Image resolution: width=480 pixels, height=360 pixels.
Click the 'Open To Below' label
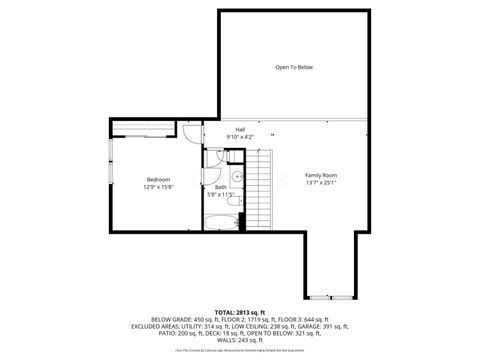click(294, 67)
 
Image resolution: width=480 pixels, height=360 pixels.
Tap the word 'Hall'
click(240, 129)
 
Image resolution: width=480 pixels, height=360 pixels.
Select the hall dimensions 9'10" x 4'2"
click(240, 137)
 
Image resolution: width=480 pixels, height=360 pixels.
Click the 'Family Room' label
click(321, 175)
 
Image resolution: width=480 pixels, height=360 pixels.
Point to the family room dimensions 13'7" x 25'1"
click(321, 183)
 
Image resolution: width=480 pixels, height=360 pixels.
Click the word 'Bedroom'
click(158, 179)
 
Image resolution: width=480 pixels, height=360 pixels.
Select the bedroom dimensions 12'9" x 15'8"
click(158, 187)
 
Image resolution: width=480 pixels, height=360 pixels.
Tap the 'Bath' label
click(220, 187)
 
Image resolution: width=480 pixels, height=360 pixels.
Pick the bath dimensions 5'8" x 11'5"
click(220, 195)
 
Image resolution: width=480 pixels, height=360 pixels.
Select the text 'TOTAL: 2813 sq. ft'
click(240, 312)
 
